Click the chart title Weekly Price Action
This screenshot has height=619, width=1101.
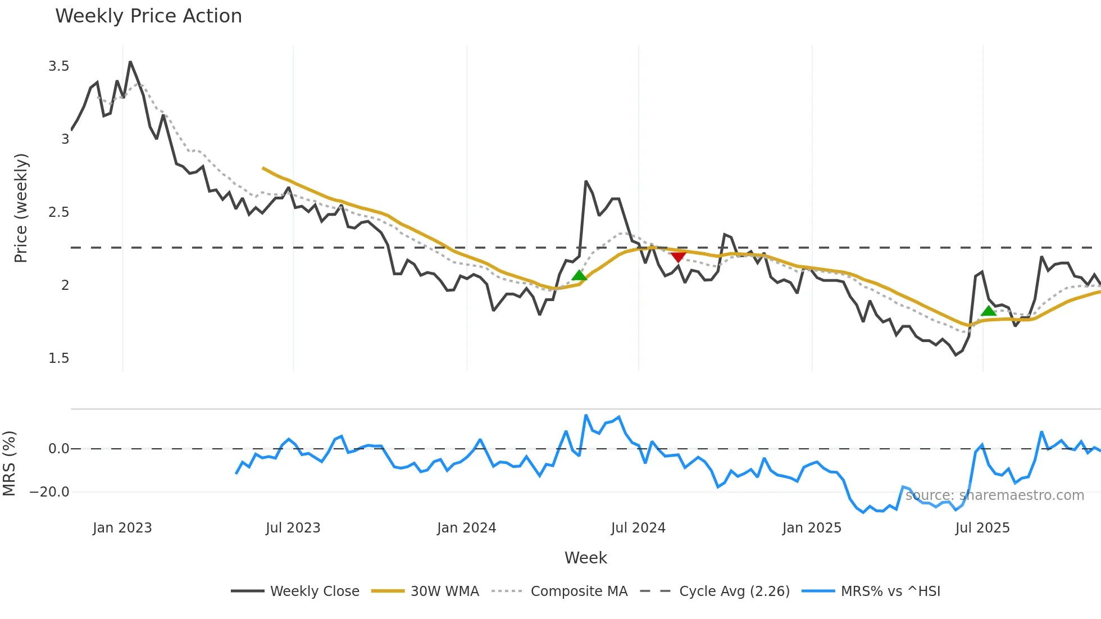pos(148,16)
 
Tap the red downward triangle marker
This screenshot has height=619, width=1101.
pos(678,257)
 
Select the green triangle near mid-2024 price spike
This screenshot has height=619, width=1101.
pos(579,275)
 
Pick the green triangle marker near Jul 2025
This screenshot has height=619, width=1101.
pos(988,311)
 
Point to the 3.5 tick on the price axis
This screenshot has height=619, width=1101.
pos(59,66)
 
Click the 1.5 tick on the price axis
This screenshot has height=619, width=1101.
pos(59,358)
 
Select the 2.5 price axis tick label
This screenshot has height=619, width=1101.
pos(59,212)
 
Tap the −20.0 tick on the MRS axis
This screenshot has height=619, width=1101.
pos(49,492)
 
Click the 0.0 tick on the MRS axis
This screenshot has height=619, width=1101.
pos(59,449)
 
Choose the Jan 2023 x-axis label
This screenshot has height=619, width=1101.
pos(122,528)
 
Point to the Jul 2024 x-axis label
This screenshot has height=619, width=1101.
pos(638,528)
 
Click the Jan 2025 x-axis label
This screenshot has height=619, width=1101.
pos(812,528)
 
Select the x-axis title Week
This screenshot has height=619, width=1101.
pos(585,558)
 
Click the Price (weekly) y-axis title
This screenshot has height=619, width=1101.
pos(21,208)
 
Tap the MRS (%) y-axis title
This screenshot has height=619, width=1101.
pos(9,463)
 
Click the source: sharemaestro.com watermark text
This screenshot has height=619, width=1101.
pos(995,495)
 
